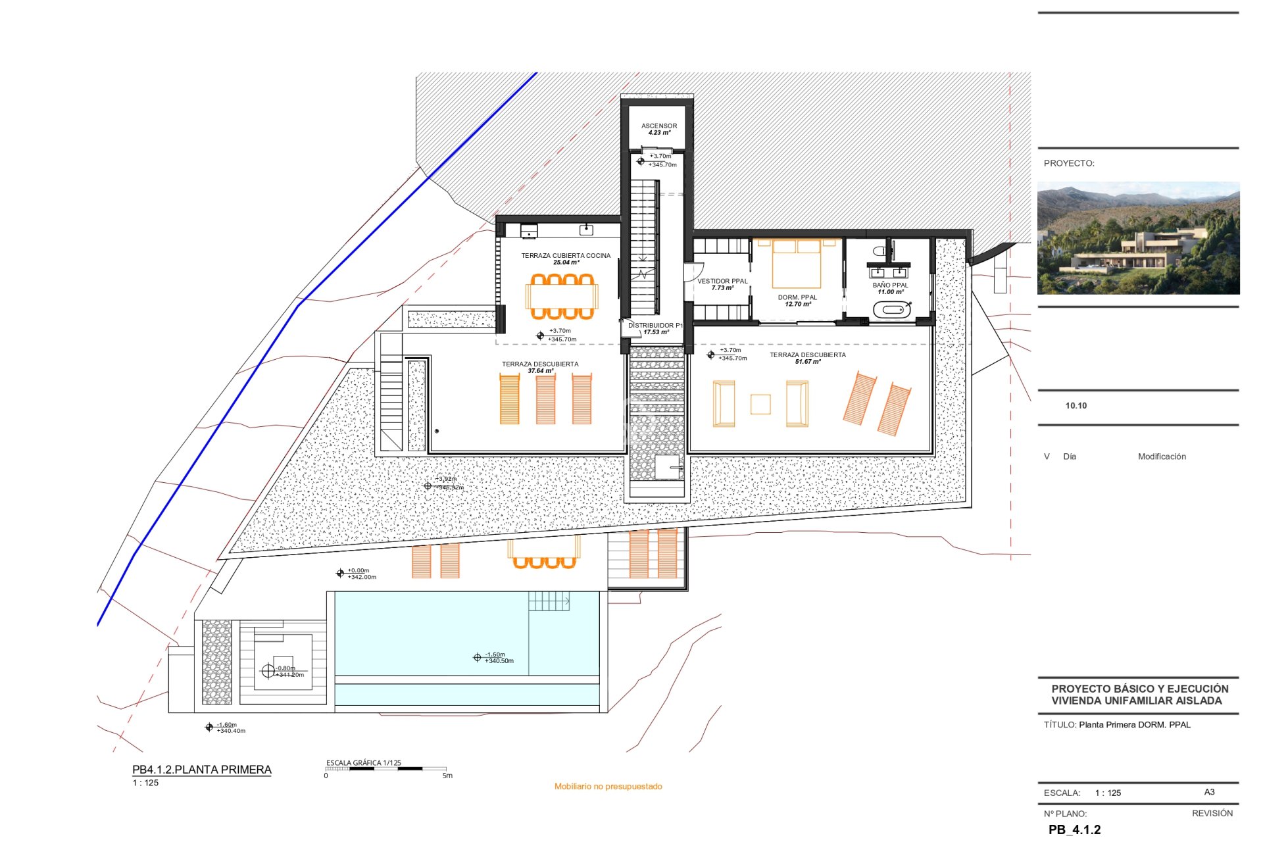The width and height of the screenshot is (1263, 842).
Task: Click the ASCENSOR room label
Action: point(658,126)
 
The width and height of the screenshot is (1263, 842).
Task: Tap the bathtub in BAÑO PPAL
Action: point(892,309)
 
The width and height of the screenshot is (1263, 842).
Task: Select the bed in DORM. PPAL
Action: point(797,264)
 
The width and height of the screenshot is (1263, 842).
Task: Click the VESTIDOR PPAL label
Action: point(722,281)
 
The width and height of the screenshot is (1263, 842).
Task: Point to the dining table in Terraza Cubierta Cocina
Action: point(562,297)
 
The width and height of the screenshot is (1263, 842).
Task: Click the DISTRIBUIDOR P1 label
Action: point(655,325)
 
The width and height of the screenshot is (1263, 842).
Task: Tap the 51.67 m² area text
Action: point(808,362)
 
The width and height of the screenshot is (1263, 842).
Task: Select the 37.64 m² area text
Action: point(540,371)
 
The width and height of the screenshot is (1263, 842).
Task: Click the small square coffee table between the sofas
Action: point(760,404)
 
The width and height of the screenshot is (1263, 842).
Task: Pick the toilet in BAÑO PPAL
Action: point(879,251)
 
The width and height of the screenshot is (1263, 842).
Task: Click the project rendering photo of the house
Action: point(1138,238)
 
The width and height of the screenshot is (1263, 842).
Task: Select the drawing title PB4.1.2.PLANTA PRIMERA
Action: point(201,770)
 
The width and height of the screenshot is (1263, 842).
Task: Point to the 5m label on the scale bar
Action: point(447,776)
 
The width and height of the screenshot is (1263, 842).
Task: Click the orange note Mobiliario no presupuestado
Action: point(608,786)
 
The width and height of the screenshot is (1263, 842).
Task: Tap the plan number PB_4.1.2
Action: point(1074,830)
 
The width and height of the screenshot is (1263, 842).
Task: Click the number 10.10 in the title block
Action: point(1076,406)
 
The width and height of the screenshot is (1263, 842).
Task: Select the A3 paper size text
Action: point(1209,792)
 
